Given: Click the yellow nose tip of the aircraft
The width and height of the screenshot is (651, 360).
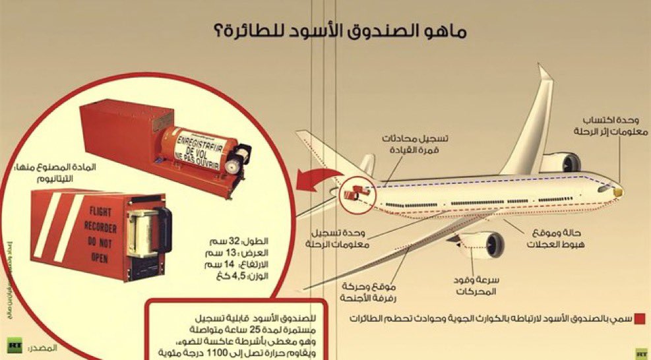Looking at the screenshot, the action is pyautogui.click(x=618, y=190).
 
